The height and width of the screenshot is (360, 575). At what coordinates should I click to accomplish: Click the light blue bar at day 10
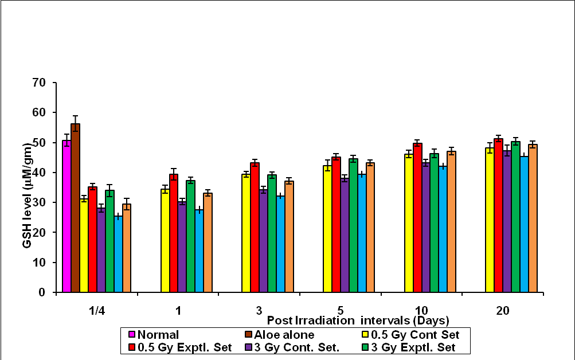[443, 229]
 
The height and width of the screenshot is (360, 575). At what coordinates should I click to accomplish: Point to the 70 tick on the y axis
[39, 83]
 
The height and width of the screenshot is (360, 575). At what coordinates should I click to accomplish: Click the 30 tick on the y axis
[39, 202]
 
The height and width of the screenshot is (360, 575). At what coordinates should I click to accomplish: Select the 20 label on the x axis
[503, 311]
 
